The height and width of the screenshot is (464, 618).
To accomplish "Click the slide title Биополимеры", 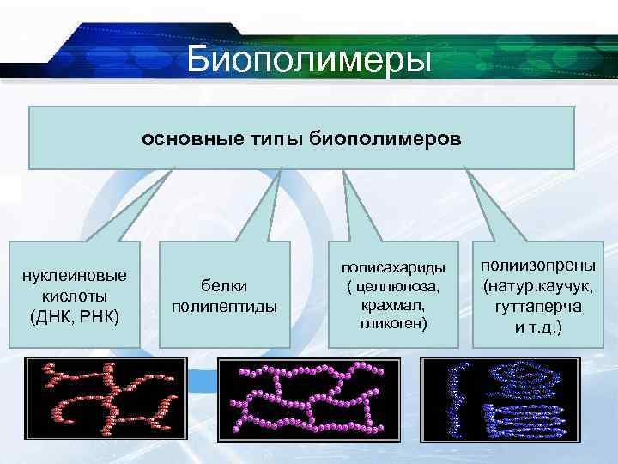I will [309, 61].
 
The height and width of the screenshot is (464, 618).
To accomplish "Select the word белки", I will [225, 286].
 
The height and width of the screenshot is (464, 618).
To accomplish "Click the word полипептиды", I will [225, 306].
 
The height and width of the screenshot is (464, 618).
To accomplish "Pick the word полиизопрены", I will [538, 266].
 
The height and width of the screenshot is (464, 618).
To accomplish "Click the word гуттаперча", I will [538, 306].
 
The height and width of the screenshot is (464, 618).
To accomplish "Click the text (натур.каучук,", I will [538, 286].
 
